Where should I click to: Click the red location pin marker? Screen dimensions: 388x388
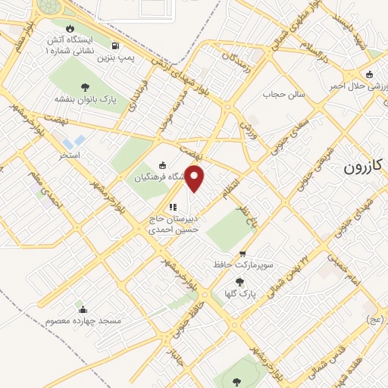point(196,177)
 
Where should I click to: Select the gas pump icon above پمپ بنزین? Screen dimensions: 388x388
point(114,45)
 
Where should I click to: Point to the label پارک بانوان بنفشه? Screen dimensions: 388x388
point(83,99)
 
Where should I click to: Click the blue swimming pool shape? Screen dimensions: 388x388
point(74,141)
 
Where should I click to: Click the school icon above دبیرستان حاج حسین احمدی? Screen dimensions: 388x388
point(172,206)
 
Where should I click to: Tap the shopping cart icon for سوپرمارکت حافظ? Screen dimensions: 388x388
point(242,254)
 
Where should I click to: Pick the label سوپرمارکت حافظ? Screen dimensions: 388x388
point(242,266)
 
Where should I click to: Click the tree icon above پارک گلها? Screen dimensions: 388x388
point(240,281)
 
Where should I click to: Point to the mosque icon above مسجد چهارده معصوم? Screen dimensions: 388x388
point(83,309)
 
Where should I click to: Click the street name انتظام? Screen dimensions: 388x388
point(229,186)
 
